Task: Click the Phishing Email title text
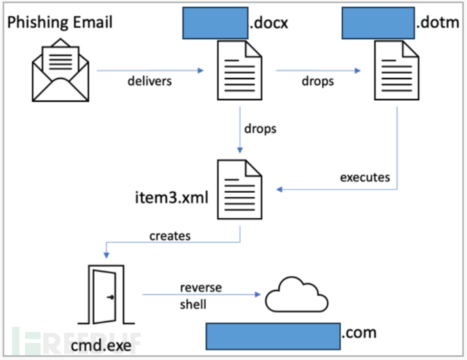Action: (x=60, y=22)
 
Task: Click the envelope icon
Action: (x=59, y=69)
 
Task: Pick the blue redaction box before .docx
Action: (x=215, y=23)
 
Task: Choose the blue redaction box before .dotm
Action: (x=378, y=23)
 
